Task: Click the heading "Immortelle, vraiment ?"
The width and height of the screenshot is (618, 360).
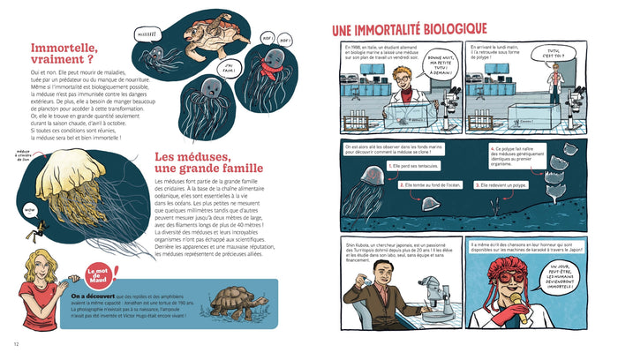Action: pyautogui.click(x=67, y=58)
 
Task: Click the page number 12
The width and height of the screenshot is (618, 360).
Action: pyautogui.click(x=16, y=344)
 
